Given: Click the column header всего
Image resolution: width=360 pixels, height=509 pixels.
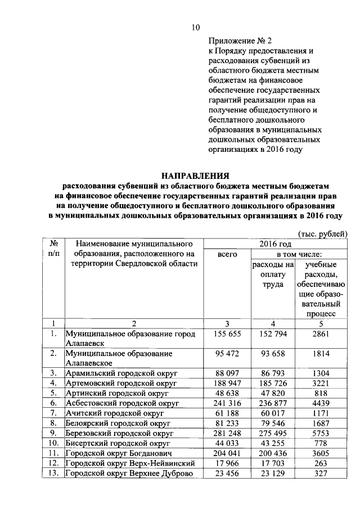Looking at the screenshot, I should point(227,255).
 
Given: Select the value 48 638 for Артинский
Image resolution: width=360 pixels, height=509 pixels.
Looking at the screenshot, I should point(227,393).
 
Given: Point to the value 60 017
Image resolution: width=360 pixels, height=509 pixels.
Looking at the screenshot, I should point(273,413).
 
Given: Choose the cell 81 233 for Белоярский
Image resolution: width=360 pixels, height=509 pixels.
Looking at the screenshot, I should point(227,424).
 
